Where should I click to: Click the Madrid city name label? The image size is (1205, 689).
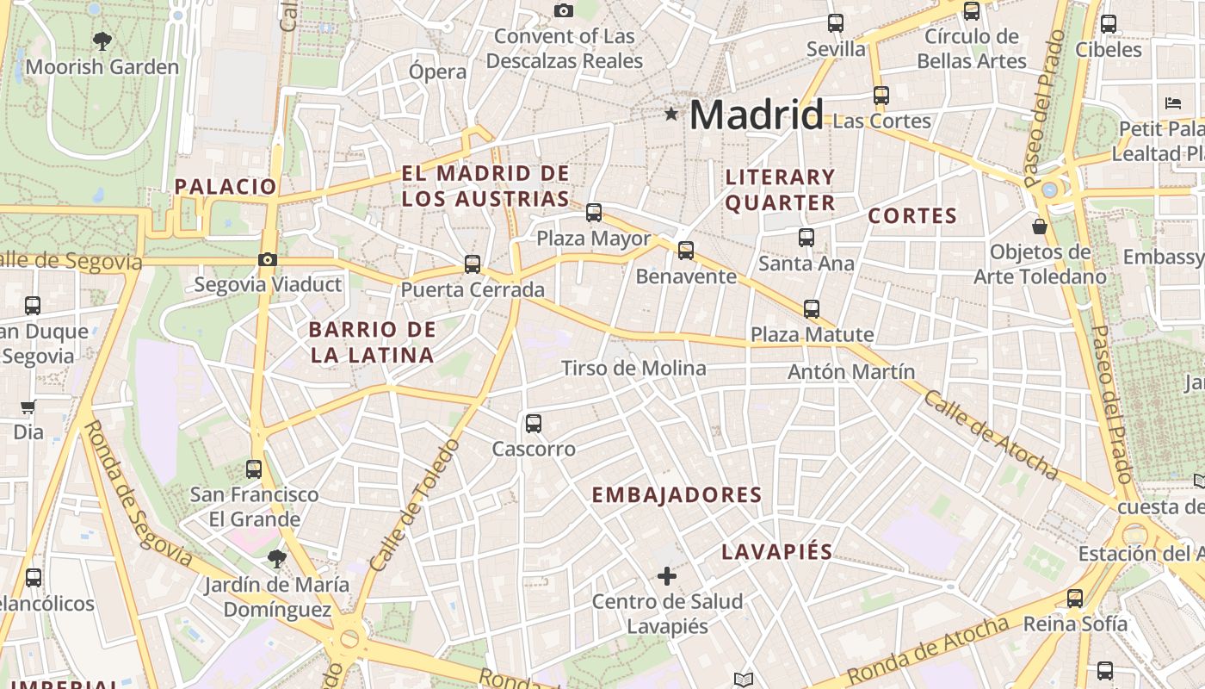(x=757, y=115)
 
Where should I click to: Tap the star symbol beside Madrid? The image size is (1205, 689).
(x=671, y=114)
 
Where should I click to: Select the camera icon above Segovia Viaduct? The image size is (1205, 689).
(x=268, y=259)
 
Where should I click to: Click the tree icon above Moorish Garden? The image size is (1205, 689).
(x=102, y=40)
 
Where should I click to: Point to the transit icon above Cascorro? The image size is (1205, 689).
(x=534, y=423)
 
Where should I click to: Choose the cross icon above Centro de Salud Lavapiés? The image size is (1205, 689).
(x=667, y=575)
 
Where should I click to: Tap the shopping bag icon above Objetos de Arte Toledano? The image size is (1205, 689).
(x=1040, y=227)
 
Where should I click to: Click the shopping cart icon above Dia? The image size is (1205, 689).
(x=28, y=407)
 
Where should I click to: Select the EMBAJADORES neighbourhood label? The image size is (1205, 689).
(x=677, y=495)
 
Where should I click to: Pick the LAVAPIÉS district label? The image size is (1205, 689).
(x=777, y=552)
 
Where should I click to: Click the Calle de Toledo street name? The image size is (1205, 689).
(x=414, y=506)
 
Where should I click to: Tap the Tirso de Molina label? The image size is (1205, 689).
(x=633, y=369)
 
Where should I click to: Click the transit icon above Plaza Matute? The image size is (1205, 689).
(x=812, y=308)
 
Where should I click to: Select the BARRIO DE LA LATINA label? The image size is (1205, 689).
(x=372, y=342)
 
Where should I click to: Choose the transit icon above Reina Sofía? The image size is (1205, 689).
(x=1075, y=598)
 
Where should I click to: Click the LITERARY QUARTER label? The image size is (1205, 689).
(x=780, y=189)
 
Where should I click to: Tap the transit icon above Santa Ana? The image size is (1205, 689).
(x=806, y=237)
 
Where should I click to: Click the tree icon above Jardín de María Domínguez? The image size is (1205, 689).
(x=276, y=559)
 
